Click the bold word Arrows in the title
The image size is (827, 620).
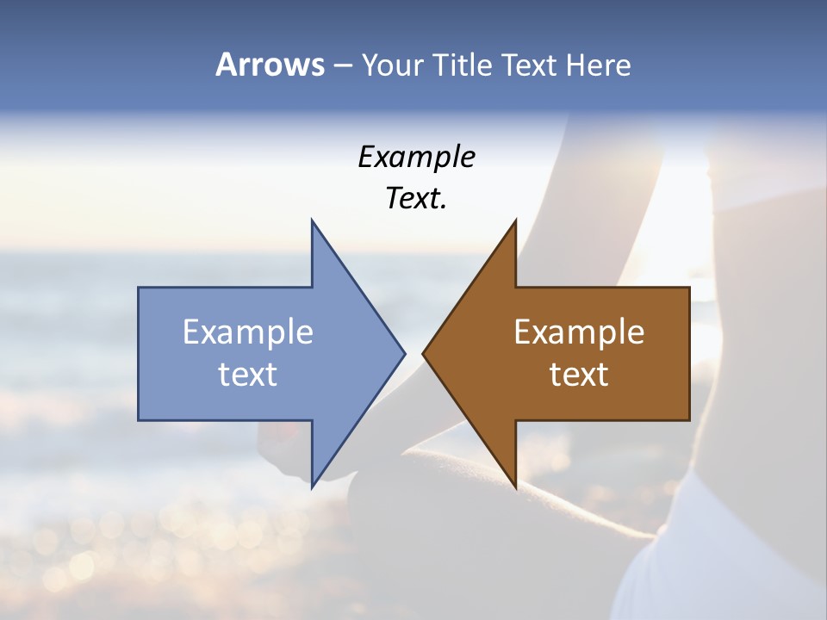(x=270, y=65)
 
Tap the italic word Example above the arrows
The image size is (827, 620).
(x=417, y=157)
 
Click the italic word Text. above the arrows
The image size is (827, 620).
(x=417, y=198)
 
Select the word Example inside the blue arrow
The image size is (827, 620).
(x=248, y=332)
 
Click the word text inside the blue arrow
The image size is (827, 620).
(x=248, y=374)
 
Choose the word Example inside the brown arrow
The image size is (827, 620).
(x=579, y=332)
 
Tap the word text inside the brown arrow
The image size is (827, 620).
(x=579, y=374)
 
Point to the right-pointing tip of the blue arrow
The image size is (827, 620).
(x=404, y=353)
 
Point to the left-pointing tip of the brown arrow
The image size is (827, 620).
(x=423, y=353)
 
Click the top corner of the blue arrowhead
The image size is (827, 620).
(x=312, y=220)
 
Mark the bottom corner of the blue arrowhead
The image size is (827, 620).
(x=312, y=487)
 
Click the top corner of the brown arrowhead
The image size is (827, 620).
(x=515, y=220)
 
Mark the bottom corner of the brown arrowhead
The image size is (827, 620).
(x=515, y=487)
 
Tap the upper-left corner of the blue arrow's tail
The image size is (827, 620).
(x=139, y=288)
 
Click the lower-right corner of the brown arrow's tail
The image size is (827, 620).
(x=689, y=419)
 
